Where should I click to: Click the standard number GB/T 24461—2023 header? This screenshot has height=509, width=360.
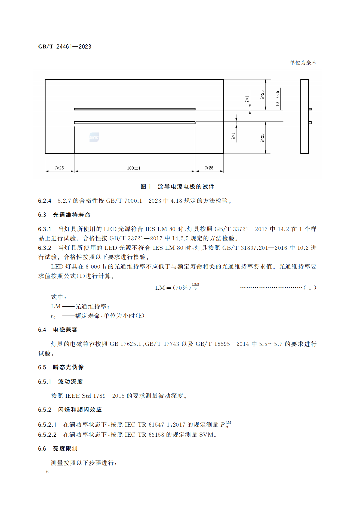click(64, 47)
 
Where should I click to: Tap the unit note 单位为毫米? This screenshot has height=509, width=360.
click(303, 63)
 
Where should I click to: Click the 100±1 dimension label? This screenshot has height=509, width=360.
click(134, 168)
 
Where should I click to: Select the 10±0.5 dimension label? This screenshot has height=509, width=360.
click(277, 98)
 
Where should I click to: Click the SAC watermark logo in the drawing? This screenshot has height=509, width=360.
click(94, 137)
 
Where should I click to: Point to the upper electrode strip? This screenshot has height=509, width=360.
click(134, 109)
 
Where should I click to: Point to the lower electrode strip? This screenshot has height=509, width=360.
click(134, 123)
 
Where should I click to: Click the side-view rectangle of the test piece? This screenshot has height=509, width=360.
click(304, 116)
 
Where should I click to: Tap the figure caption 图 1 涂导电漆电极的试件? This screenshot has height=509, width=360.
click(177, 187)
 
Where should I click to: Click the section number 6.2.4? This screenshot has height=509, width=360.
click(45, 201)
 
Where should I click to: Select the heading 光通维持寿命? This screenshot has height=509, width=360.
click(72, 215)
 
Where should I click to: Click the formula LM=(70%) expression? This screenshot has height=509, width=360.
click(177, 287)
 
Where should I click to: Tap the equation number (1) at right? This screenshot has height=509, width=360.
click(310, 288)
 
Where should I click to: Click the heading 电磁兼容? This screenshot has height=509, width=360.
click(65, 330)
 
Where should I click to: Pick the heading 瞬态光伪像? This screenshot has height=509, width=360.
click(68, 367)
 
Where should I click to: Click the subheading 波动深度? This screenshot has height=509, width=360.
click(70, 382)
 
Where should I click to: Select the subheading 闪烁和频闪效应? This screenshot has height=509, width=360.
click(80, 410)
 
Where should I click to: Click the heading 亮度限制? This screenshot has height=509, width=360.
click(65, 449)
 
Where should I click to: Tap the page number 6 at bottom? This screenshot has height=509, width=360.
click(47, 472)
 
